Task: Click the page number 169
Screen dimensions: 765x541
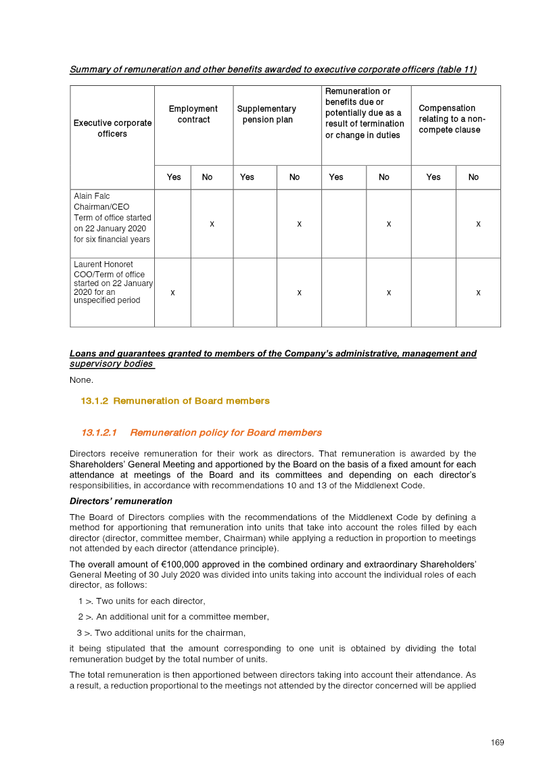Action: pyautogui.click(x=497, y=743)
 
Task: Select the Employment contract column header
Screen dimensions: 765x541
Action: pyautogui.click(x=193, y=114)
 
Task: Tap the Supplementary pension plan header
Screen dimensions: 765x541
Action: pyautogui.click(x=266, y=114)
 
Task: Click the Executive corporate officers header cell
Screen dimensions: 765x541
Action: pyautogui.click(x=112, y=129)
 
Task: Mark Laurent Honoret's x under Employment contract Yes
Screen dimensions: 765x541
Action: pyautogui.click(x=172, y=293)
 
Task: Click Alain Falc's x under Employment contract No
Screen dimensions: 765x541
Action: pyautogui.click(x=212, y=224)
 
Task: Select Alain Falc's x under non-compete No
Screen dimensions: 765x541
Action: pyautogui.click(x=478, y=224)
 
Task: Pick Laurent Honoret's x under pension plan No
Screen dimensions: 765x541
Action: pyautogui.click(x=299, y=293)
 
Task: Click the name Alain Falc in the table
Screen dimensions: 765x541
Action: pyautogui.click(x=92, y=196)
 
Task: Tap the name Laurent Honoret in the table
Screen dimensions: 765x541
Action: pyautogui.click(x=103, y=264)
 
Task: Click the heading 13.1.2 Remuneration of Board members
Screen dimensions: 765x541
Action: pyautogui.click(x=175, y=401)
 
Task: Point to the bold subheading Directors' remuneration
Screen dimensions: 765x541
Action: pyautogui.click(x=121, y=501)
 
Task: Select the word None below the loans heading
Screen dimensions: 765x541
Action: pyautogui.click(x=81, y=380)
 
